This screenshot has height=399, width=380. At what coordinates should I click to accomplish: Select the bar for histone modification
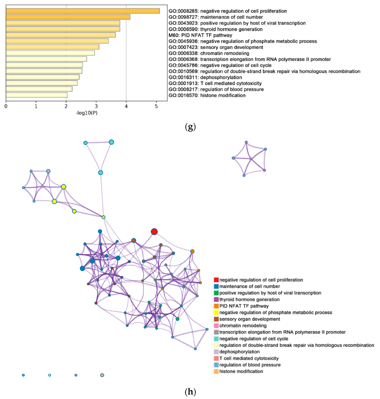coord(36,95)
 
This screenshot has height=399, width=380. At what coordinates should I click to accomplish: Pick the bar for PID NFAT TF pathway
coord(60,35)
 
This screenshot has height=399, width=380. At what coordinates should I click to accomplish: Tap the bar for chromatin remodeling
coord(50,53)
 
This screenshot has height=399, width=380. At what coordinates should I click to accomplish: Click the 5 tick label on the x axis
coord(156,106)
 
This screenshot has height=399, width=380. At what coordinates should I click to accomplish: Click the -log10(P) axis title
coord(87,113)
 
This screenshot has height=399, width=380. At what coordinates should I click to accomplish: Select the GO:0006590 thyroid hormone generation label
coord(216,29)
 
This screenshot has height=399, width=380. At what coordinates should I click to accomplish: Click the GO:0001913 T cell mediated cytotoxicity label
coord(215,83)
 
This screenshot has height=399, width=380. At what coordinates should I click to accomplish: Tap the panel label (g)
coord(190,127)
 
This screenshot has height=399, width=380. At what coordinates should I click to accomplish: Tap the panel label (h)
coord(190,392)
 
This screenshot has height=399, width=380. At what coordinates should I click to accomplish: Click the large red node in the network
coord(154,232)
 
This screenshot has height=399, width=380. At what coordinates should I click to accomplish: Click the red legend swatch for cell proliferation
coord(216,280)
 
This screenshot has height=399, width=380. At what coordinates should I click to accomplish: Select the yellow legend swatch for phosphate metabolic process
coord(216,312)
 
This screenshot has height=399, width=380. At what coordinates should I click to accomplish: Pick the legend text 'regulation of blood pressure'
coord(250,365)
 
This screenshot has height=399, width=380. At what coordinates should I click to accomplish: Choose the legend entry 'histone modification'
coord(241,371)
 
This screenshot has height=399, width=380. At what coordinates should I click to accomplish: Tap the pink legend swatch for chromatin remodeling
coord(216,325)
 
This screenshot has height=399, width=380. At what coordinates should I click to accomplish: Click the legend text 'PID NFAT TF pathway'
coord(244,306)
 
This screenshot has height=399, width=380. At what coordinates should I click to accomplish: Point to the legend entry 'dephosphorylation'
coord(239,352)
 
